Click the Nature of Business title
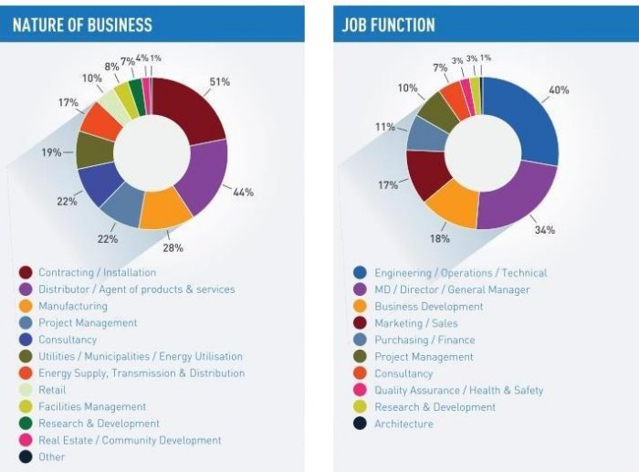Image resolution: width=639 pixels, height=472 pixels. pos(82,25)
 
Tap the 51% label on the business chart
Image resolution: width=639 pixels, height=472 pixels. pos(220,81)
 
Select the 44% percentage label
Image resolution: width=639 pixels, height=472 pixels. pos(243,192)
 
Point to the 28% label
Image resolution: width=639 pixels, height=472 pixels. pos(173,247)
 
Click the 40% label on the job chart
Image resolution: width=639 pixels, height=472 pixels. pos(559,89)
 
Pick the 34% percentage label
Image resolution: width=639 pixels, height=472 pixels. pos(545,230)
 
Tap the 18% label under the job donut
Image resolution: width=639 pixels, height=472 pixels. pos(439,238)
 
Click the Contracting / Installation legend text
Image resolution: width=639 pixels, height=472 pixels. pos(97,272)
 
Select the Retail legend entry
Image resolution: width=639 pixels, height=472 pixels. pos(52,390)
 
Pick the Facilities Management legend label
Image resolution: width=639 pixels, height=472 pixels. pos(91,406)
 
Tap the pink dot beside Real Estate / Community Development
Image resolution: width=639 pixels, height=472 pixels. pos(26,440)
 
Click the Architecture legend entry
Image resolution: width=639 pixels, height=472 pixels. pos(403,424)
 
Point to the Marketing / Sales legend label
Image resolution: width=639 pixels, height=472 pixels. pos(415,323)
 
